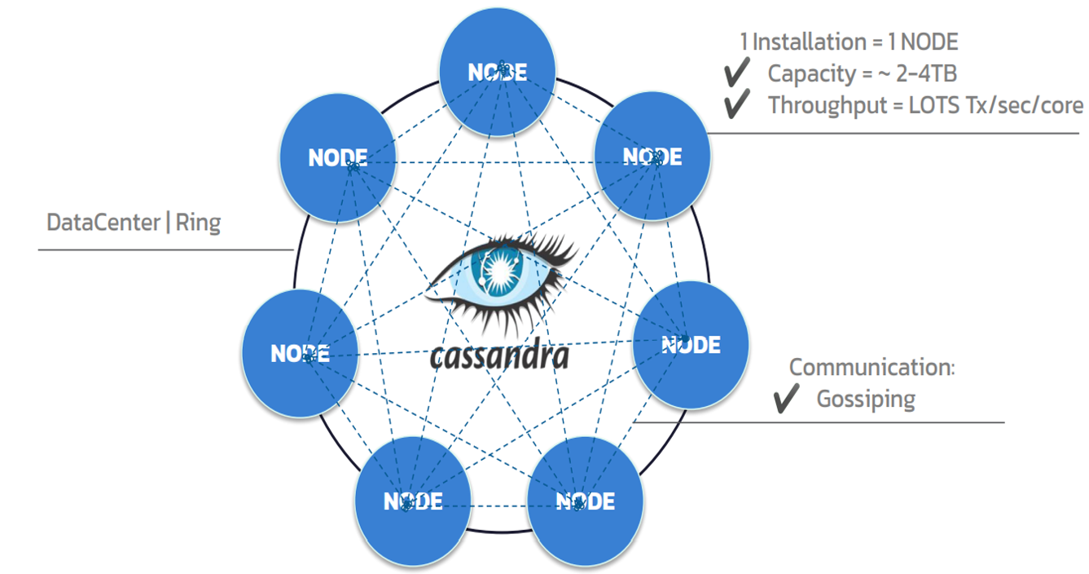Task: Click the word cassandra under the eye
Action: [x=498, y=355]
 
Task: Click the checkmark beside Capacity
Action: [x=736, y=73]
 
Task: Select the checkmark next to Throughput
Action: [x=736, y=105]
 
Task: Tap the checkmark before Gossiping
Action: [x=786, y=399]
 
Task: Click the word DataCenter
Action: [x=103, y=223]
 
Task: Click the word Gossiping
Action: [x=866, y=399]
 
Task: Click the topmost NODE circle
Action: [x=497, y=72]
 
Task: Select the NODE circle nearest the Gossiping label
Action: [x=691, y=344]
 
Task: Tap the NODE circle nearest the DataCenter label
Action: [x=337, y=157]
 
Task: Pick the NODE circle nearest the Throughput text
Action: [x=652, y=156]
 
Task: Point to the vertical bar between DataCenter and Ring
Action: [x=167, y=223]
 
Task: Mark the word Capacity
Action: [x=810, y=73]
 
